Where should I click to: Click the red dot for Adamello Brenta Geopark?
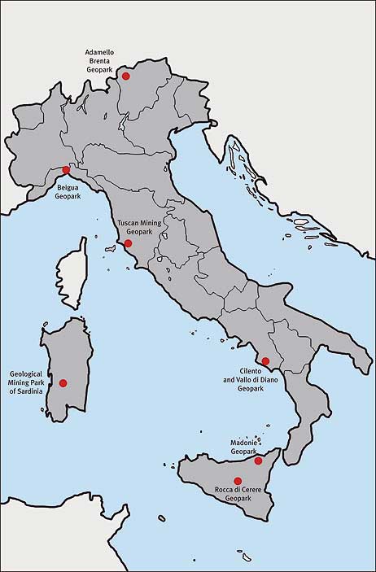(125, 76)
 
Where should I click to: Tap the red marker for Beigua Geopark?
(66, 169)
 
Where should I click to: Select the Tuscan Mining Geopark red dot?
(128, 243)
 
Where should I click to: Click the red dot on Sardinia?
(63, 382)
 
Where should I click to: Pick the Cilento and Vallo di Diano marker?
(265, 360)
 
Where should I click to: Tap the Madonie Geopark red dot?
(258, 461)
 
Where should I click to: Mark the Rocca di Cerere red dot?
(238, 481)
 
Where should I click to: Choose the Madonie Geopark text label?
(243, 447)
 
